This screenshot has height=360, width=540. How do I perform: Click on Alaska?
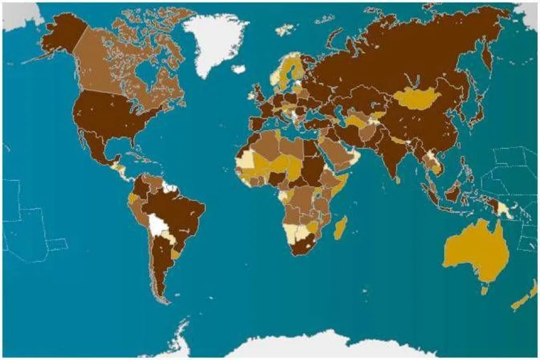(x=60, y=35)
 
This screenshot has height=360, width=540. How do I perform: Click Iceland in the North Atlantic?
(x=238, y=69)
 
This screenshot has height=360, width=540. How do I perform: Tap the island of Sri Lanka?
(x=398, y=179)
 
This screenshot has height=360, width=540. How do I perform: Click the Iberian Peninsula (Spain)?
(x=258, y=123)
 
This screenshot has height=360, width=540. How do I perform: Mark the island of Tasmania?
(x=484, y=290)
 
